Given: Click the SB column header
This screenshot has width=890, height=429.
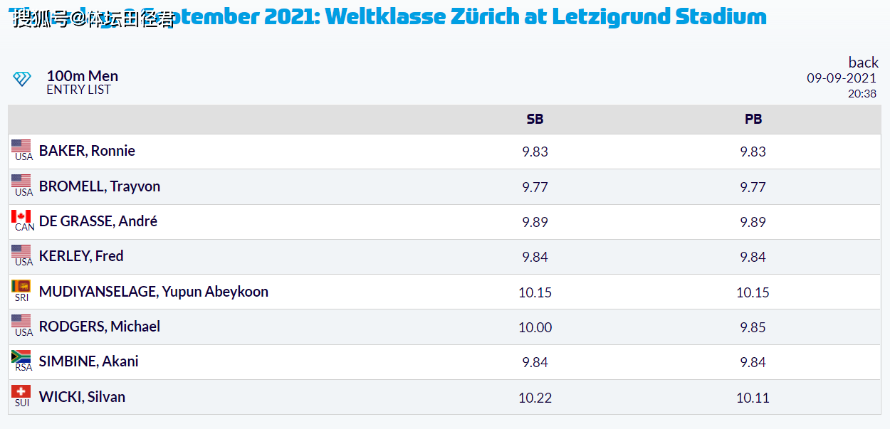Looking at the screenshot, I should coord(535,120).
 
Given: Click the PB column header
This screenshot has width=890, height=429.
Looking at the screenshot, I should coord(753,120).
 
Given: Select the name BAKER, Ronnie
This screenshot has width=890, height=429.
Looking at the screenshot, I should coord(87,151).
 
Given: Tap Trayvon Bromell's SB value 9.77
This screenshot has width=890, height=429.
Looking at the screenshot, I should coord(535,187).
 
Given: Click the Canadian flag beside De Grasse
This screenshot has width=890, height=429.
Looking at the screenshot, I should coord(21,217).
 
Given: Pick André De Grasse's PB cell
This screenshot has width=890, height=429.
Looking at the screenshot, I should coord(753,222).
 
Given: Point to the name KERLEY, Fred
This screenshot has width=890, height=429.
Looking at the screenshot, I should coord(81,256).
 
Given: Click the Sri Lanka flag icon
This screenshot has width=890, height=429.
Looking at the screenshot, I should coord(21,287).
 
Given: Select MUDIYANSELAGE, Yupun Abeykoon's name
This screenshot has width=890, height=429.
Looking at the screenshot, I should coord(154,292).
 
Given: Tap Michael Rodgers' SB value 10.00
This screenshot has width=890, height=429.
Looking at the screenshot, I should coord(535,327).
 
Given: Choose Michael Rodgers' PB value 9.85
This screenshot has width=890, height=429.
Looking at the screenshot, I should coord(753,327).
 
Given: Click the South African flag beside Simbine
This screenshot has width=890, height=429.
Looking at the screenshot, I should coord(21,356).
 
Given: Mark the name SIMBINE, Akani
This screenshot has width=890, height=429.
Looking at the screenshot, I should coord(89,361).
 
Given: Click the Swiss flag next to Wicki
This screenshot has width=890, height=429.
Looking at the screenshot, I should coord(21,391).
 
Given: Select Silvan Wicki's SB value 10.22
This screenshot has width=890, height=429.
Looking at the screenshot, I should coord(535,398).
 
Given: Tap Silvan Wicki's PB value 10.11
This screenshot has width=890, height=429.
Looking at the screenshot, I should coord(753,398).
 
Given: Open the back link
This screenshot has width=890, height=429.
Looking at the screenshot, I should coord(863,63).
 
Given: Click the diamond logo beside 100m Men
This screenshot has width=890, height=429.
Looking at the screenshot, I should coord(22,79).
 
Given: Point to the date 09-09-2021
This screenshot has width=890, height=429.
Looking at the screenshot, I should coord(842,78).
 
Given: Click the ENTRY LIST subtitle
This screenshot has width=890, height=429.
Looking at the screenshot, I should coord(78,90).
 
